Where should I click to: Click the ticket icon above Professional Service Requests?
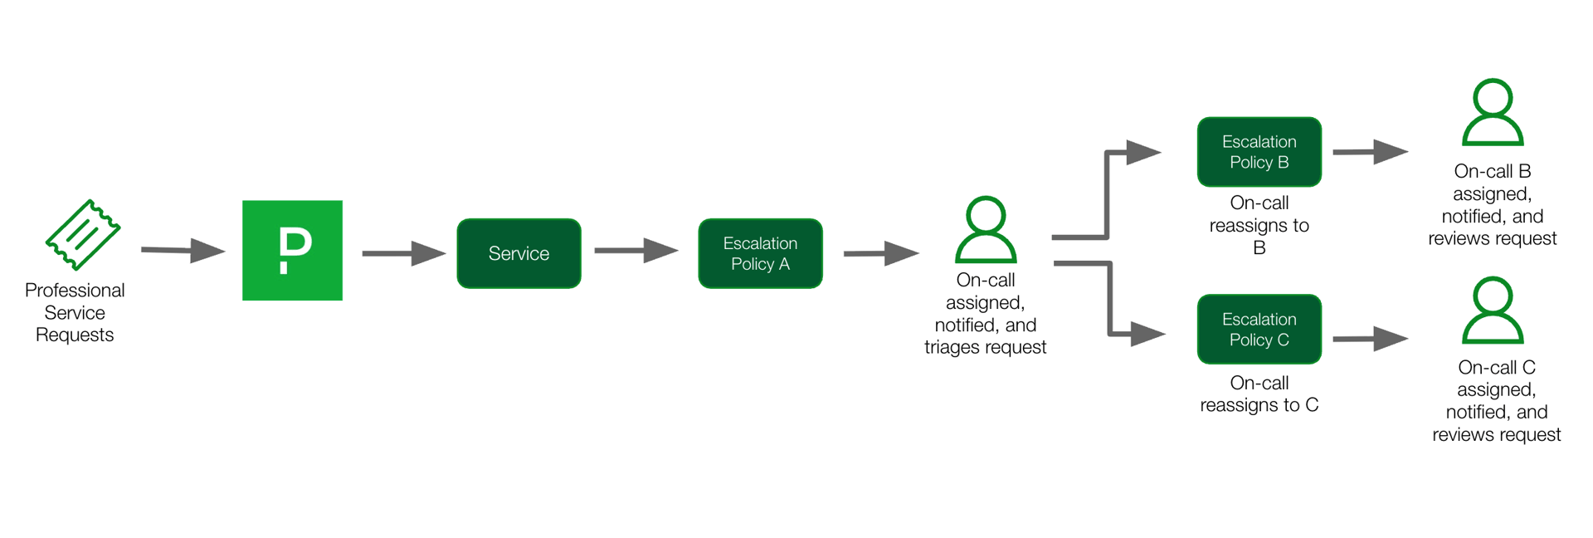[83, 235]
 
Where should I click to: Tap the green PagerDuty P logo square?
[292, 250]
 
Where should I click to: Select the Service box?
[519, 253]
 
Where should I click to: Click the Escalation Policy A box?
[760, 253]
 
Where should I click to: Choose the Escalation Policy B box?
[1259, 152]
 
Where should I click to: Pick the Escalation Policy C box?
[1259, 330]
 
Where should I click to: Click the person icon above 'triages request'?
[986, 230]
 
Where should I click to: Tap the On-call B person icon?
[1492, 112]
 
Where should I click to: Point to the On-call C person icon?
[1492, 311]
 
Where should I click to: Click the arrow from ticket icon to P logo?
[183, 250]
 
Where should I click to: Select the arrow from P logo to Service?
[404, 253]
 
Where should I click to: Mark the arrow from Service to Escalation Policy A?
[636, 250]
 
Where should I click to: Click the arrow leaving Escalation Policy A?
[881, 253]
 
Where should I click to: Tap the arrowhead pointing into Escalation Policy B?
[1143, 152]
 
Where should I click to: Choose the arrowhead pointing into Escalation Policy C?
[1147, 334]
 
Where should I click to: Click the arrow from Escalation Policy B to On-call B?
[1370, 152]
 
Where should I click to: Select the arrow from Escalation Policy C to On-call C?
[1370, 339]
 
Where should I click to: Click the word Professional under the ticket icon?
[75, 291]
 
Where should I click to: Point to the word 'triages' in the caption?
[952, 347]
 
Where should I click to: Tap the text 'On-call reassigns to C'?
[1259, 394]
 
